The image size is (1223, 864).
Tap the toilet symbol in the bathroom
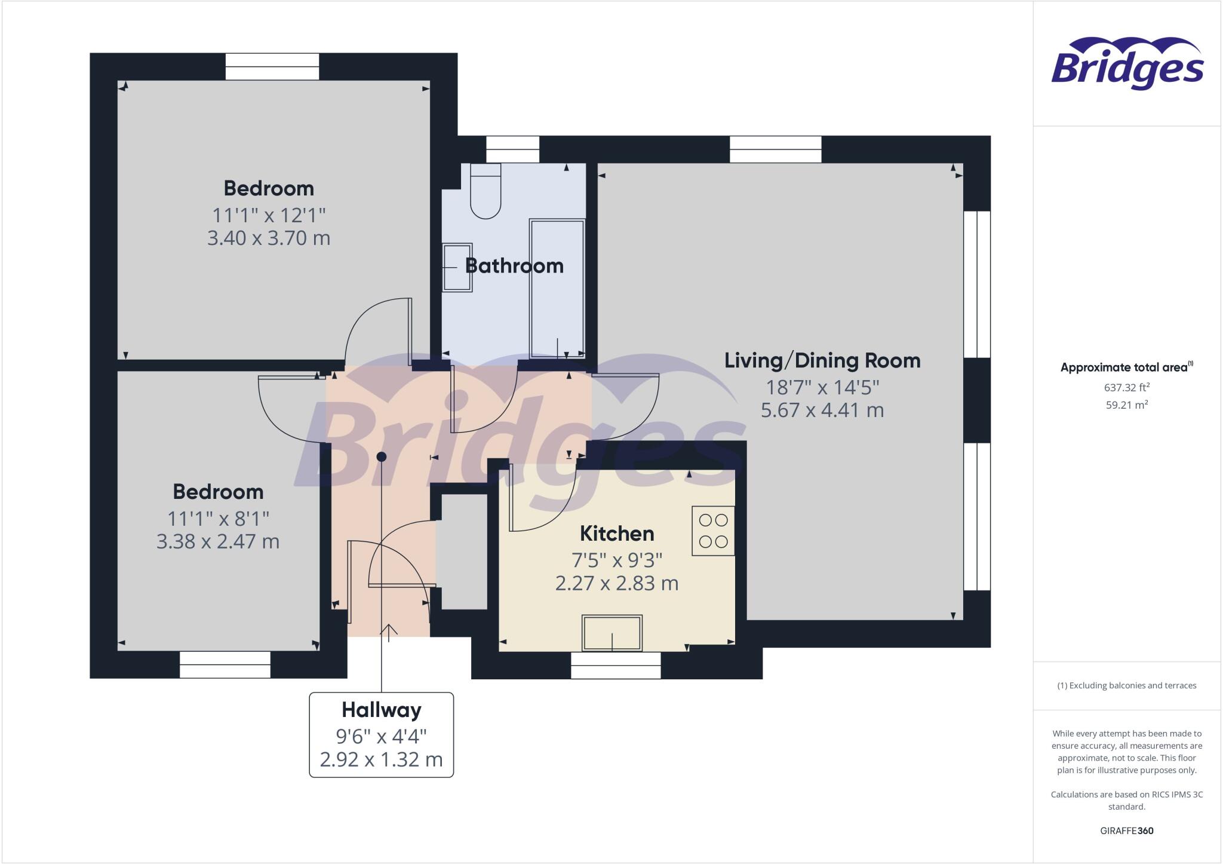pos(485,191)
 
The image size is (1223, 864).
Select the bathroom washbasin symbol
pos(457,267)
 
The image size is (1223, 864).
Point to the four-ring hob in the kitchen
pos(713,531)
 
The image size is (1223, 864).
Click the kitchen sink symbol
pos(612,633)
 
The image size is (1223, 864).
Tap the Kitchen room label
pos(617,533)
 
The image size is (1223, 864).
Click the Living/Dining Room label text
pos(822,360)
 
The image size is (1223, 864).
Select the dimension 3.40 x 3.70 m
pos(268,238)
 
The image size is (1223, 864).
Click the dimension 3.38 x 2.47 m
pos(217,541)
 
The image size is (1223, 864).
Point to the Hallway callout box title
pos(381,710)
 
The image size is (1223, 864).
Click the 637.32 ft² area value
pos(1126,387)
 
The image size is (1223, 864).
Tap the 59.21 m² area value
pos(1126,405)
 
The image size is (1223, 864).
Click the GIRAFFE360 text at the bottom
pos(1126,831)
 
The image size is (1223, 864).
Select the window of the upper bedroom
pos(272,66)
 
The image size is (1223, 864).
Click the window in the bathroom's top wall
pos(512,149)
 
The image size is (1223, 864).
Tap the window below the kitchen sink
pos(616,665)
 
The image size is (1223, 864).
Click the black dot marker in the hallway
pos(382,456)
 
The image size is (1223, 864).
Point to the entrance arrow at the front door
pos(389,632)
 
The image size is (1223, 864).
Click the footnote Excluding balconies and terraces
pos(1126,685)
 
